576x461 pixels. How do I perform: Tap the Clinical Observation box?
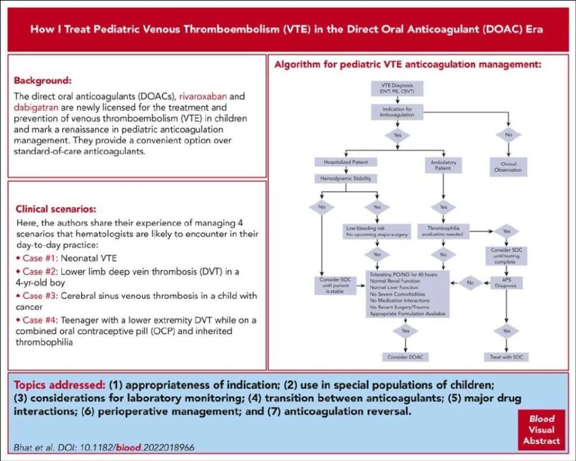(508, 166)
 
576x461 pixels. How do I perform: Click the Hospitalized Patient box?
(346, 162)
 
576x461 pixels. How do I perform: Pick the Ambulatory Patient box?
(444, 165)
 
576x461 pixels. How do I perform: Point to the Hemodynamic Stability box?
(346, 178)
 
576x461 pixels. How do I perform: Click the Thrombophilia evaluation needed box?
(444, 231)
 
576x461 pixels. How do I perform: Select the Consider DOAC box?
(406, 357)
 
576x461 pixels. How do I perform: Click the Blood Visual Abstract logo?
(542, 429)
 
